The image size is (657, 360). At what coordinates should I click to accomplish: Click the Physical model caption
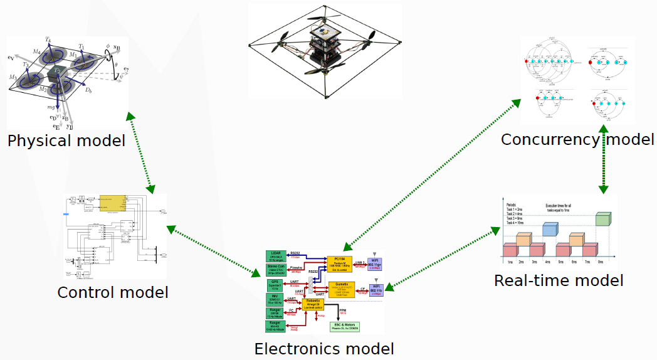tap(66, 140)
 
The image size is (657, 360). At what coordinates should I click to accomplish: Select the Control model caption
tap(113, 292)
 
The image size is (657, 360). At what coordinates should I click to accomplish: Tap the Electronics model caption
tap(324, 349)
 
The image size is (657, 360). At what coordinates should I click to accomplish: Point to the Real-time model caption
tap(559, 280)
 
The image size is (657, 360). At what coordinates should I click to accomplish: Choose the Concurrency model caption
tap(577, 139)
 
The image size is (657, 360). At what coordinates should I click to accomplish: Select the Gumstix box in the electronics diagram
tap(342, 289)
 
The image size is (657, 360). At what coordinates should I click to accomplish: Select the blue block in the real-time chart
tap(550, 229)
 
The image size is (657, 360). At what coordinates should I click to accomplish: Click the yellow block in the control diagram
tap(113, 205)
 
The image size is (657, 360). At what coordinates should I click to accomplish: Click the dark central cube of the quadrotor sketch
tap(57, 75)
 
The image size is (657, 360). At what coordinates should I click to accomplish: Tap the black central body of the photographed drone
tap(324, 54)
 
